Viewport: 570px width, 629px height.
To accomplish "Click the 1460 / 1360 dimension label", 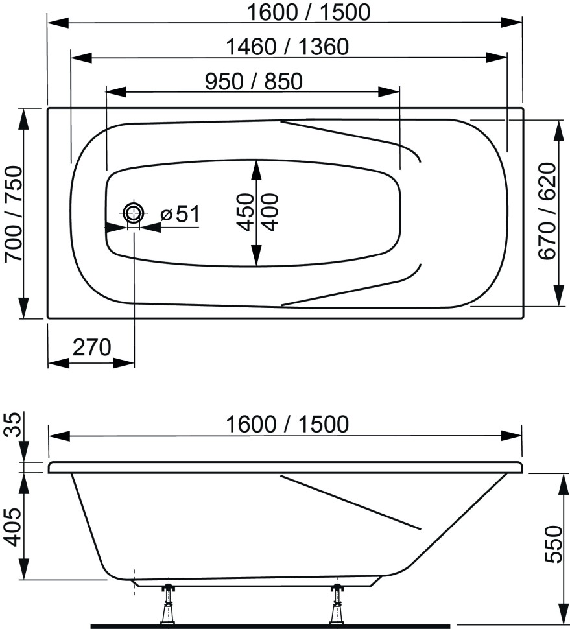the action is tap(287, 47).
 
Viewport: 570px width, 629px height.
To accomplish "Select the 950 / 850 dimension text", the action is tap(254, 82).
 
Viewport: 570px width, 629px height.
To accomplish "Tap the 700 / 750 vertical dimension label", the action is tap(14, 214).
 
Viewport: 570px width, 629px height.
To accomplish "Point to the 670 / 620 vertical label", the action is tap(548, 211).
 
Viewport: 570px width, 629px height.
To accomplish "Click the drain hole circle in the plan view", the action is tap(134, 213).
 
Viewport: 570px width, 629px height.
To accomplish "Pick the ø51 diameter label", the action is tap(180, 214).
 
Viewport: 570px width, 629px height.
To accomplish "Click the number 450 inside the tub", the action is tap(244, 212).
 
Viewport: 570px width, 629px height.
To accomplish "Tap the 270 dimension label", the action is tap(91, 348).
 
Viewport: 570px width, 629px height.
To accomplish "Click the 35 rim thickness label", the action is tap(13, 425).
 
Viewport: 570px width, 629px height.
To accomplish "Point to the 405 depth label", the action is tap(13, 527).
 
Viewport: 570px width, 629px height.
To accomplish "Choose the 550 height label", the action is tap(554, 543).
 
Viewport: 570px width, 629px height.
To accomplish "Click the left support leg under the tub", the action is tap(168, 604).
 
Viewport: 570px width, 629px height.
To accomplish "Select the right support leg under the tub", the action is tap(337, 604).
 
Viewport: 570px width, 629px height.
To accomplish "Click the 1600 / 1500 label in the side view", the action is tap(287, 424).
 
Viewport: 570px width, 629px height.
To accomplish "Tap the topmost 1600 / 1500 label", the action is tap(308, 12).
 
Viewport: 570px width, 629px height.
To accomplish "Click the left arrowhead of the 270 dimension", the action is tap(58, 363).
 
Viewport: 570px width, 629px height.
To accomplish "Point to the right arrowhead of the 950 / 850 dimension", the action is tap(389, 92).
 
